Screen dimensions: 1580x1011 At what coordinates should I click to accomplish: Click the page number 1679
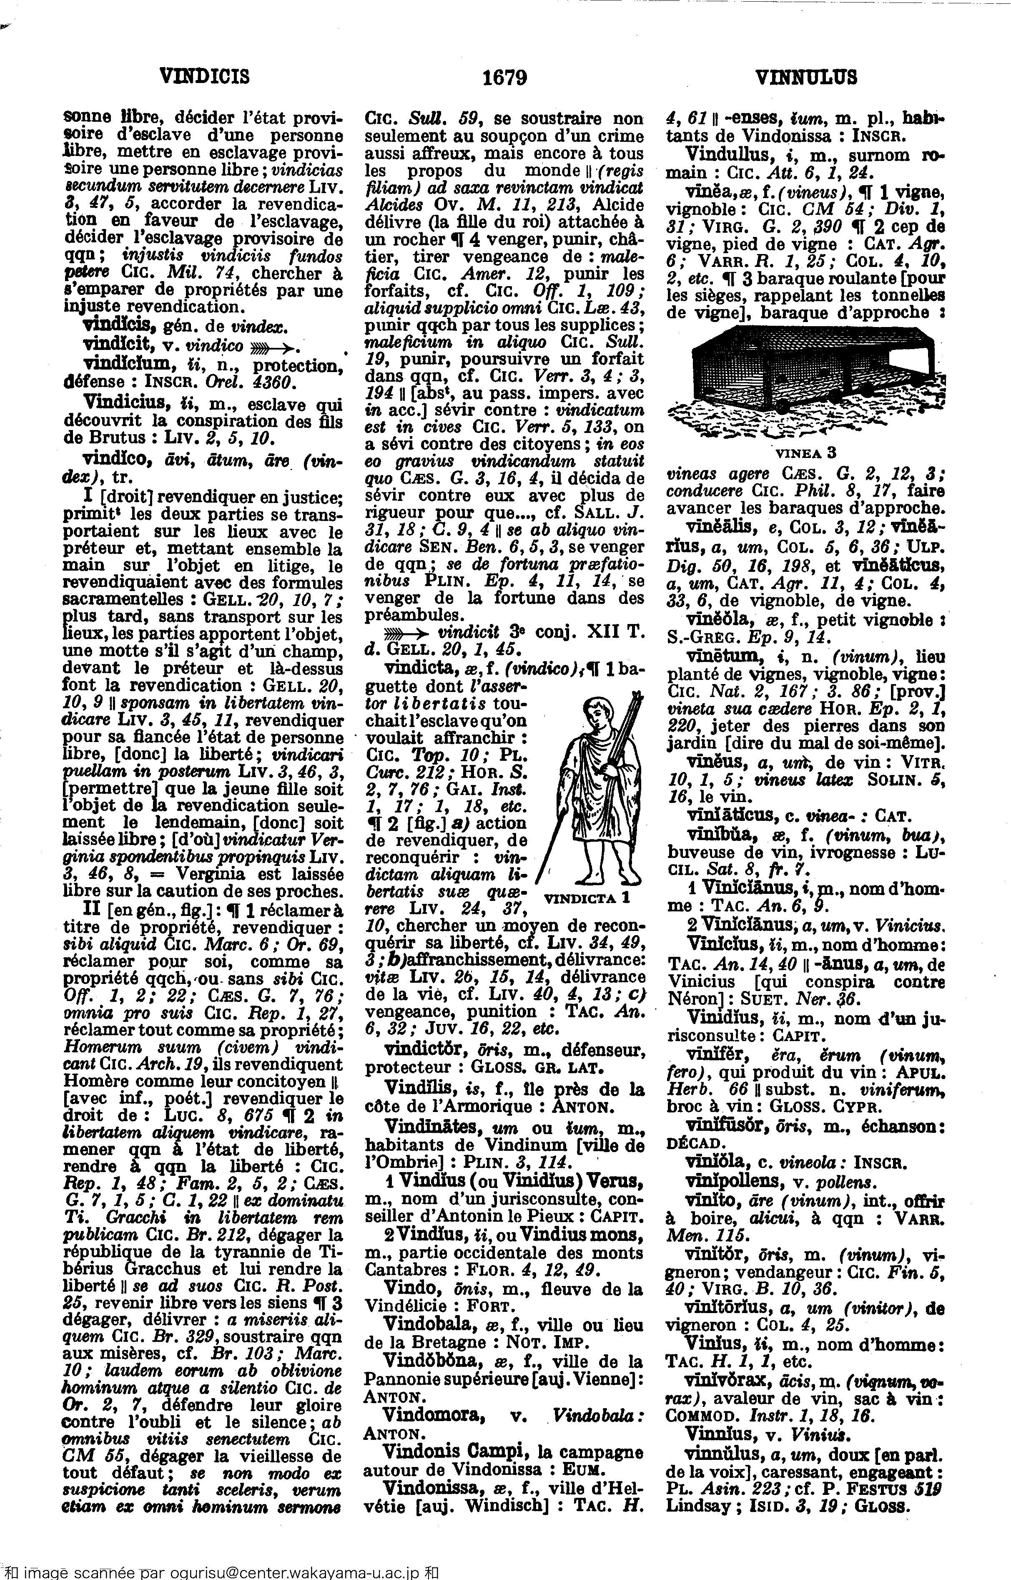504,78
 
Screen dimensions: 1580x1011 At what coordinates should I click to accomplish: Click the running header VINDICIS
204,78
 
